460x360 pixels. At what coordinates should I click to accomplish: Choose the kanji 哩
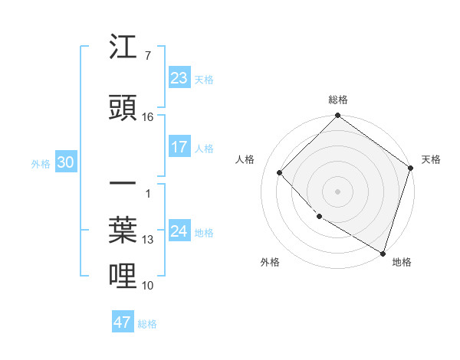click(123, 275)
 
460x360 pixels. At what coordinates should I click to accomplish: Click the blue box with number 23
click(179, 78)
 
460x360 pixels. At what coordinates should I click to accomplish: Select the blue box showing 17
click(179, 147)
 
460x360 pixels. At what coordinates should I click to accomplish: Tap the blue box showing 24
click(179, 231)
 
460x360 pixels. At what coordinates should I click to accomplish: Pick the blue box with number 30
click(65, 162)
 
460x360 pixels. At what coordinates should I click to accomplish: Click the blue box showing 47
click(122, 322)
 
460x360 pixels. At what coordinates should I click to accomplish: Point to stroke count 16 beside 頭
click(148, 117)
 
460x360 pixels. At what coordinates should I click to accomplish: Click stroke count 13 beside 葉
click(148, 240)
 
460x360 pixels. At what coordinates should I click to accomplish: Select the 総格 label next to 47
click(147, 324)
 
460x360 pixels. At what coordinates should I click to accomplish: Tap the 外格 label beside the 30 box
click(40, 163)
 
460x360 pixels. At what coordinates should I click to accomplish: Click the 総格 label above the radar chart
click(338, 100)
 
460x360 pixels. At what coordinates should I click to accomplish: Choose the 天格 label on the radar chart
click(431, 159)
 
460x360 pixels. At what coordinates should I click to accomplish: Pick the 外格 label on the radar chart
click(270, 262)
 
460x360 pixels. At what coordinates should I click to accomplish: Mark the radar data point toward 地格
click(383, 252)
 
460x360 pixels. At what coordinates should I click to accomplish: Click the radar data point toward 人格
click(280, 172)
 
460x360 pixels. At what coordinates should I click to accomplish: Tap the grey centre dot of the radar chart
click(338, 191)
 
